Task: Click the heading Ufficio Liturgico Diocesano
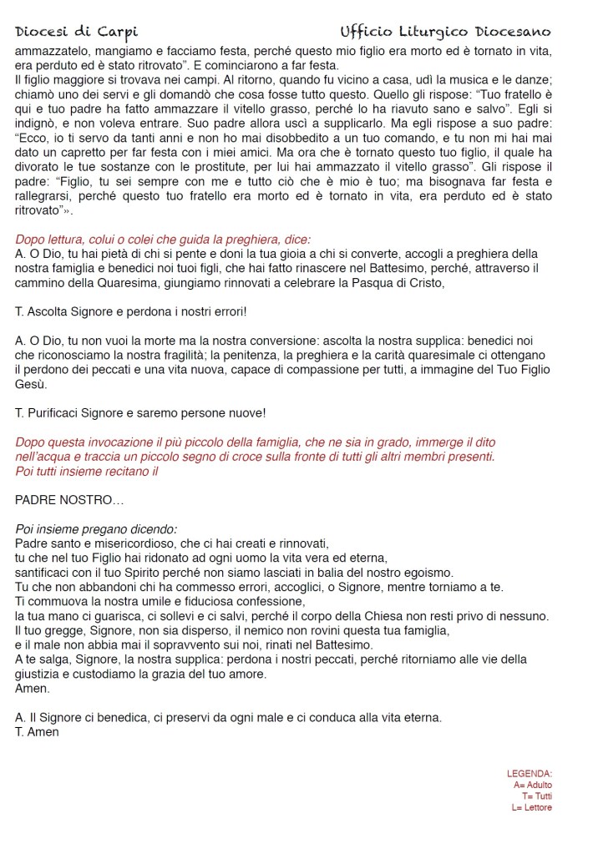coord(445,33)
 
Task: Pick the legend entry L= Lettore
coord(531,807)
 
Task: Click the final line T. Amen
coord(38,732)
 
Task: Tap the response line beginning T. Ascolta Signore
coord(131,311)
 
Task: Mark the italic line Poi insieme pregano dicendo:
coord(96,529)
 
